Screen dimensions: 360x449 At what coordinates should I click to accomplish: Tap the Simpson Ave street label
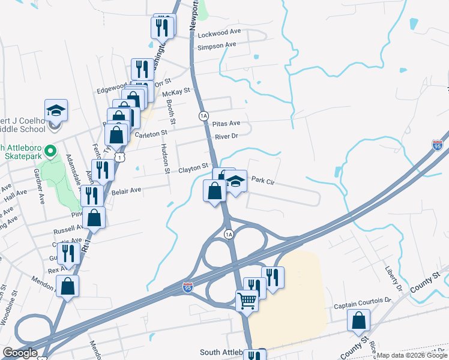click(217, 46)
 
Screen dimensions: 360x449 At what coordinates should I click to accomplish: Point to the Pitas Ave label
click(226, 123)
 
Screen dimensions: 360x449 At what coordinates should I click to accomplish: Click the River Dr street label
click(227, 136)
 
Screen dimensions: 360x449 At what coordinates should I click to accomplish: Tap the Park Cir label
click(262, 180)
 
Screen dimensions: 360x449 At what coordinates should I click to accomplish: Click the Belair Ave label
click(126, 190)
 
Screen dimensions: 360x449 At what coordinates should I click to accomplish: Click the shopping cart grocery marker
click(247, 300)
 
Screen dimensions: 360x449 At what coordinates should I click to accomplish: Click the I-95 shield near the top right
click(438, 145)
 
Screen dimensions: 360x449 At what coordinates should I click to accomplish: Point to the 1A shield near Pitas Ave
click(204, 115)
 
